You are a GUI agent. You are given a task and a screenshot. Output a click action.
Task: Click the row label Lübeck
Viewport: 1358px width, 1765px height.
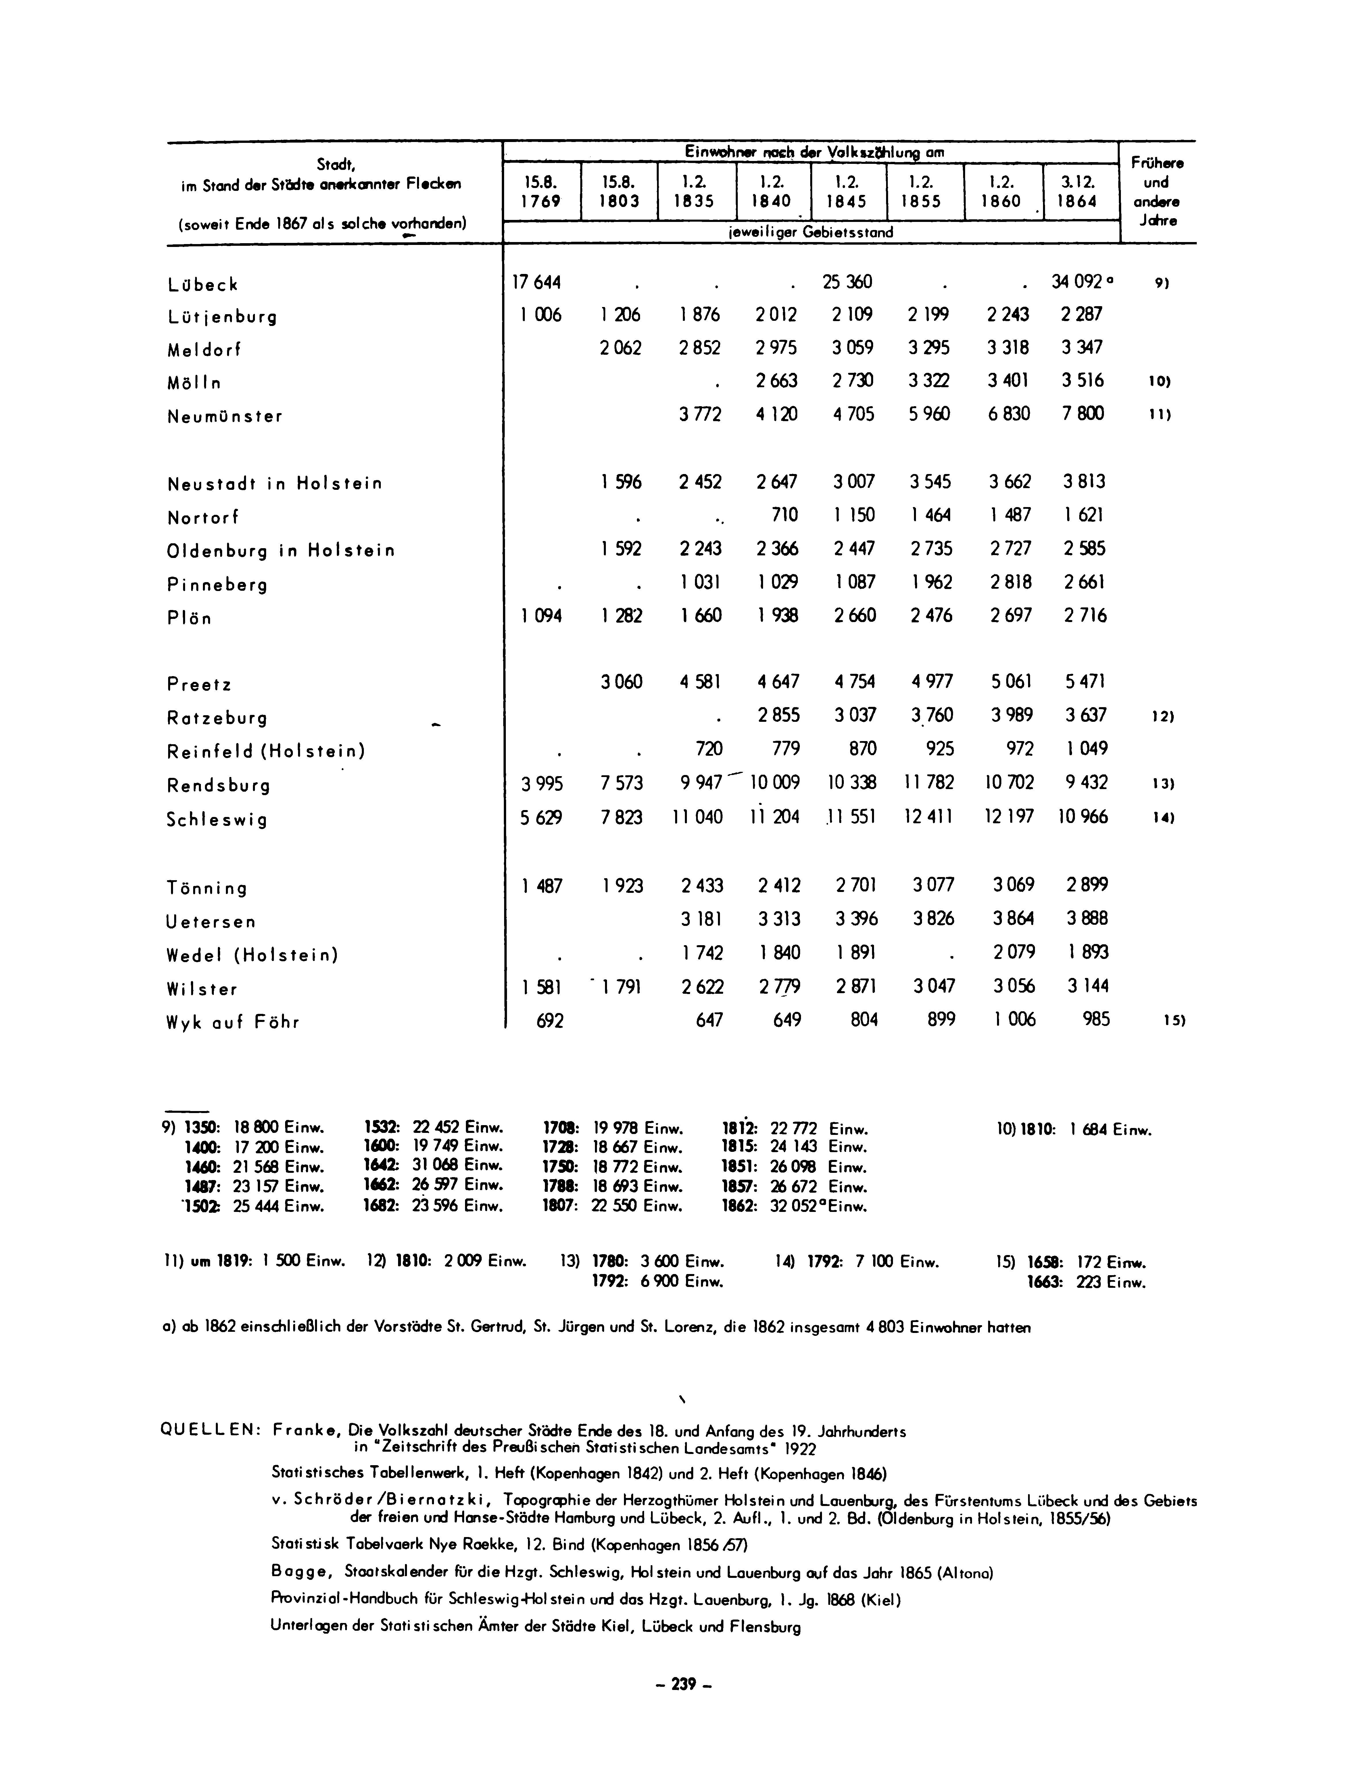(203, 285)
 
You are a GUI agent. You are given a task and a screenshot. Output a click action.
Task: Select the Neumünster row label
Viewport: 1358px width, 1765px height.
(224, 417)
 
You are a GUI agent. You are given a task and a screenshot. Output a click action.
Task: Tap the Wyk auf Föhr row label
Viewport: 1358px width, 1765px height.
(233, 1022)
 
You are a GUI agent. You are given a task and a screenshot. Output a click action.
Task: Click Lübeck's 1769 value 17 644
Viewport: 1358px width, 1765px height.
(536, 283)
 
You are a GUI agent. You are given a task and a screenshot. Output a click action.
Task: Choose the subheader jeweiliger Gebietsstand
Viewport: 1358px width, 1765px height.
(810, 232)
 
